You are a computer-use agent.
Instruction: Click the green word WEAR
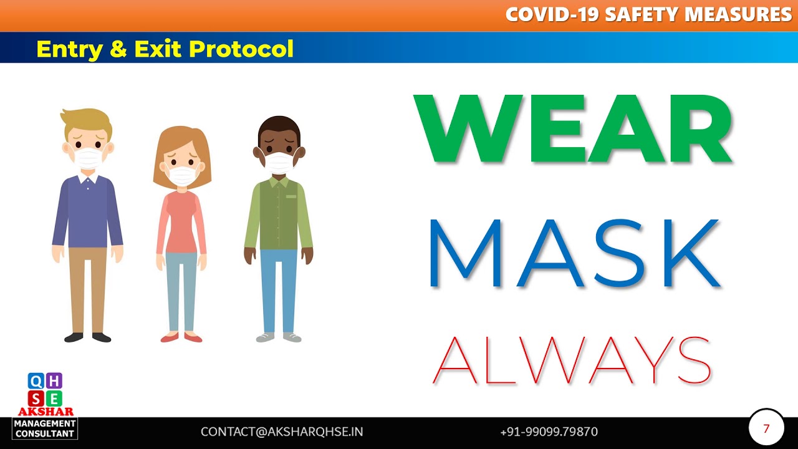point(572,130)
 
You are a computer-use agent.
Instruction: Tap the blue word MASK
point(574,254)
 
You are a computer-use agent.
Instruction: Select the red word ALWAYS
point(572,360)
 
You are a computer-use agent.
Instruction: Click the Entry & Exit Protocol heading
point(165,48)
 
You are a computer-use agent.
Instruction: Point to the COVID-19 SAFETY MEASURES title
point(648,14)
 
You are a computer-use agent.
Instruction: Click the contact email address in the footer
point(282,432)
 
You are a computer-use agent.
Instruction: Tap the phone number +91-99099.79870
point(549,432)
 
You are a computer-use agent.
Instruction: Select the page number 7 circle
point(766,429)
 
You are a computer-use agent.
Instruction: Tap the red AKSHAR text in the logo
point(46,412)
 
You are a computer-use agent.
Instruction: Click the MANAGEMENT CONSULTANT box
point(46,428)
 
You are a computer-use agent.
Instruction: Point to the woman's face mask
point(183,174)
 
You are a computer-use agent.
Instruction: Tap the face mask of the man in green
point(279,162)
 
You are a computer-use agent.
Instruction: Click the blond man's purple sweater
point(87,212)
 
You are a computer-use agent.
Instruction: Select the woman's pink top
point(181,221)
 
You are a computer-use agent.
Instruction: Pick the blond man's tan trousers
point(87,287)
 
